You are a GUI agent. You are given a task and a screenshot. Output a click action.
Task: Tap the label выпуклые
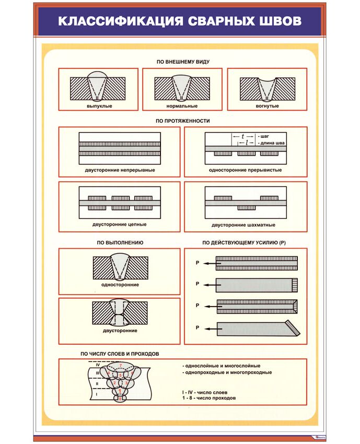coord(99,106)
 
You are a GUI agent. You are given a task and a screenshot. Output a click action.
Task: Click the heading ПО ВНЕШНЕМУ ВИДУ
coord(183,62)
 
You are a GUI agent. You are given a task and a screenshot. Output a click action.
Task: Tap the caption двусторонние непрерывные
coord(120,170)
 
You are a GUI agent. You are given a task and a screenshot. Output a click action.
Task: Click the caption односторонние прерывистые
coord(245,170)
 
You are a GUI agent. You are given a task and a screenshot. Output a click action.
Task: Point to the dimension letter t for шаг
coord(243,136)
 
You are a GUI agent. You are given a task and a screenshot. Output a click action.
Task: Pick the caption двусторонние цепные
coord(120,224)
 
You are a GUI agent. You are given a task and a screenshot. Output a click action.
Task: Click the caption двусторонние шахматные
coord(243,225)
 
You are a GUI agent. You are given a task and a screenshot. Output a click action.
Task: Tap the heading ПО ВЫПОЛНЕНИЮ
coord(120,243)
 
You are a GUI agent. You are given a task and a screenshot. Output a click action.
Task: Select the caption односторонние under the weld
coord(120,285)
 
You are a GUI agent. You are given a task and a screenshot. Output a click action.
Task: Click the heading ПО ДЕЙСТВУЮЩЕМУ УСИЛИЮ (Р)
coord(244,243)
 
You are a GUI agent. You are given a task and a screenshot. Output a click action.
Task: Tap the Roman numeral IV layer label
coord(97,365)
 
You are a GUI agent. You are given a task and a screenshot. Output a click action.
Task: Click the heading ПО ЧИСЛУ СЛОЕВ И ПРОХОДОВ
coord(120,354)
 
